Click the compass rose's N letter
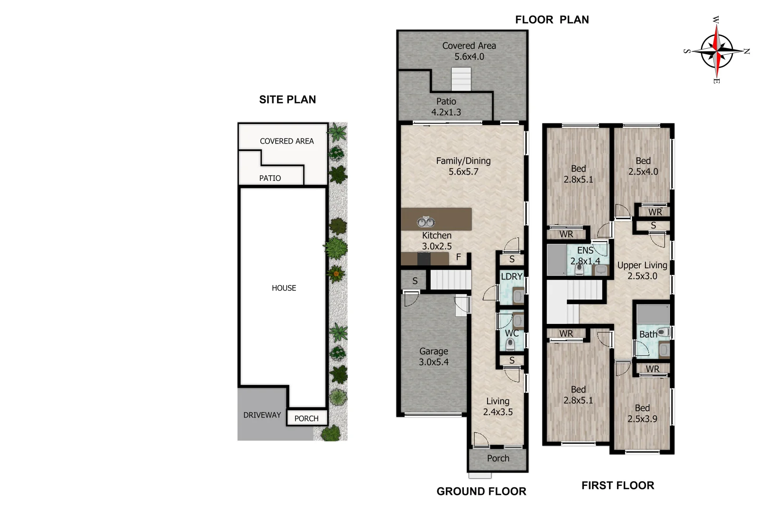(x=747, y=51)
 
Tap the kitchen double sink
(x=426, y=221)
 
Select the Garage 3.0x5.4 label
(x=434, y=357)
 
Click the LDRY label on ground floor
(x=512, y=276)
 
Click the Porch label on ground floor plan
(x=498, y=458)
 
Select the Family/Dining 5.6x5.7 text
(x=463, y=166)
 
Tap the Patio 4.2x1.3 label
(x=446, y=107)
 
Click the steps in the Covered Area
(x=461, y=79)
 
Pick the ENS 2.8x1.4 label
(x=585, y=255)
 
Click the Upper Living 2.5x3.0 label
(x=642, y=271)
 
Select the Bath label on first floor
(x=648, y=334)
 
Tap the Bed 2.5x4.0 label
(x=643, y=166)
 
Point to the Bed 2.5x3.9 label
(x=642, y=413)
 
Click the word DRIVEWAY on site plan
(x=262, y=415)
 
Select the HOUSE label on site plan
(x=284, y=288)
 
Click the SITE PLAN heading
(x=287, y=100)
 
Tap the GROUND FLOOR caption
(x=481, y=492)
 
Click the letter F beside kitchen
(x=458, y=257)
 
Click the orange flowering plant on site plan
(x=336, y=272)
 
